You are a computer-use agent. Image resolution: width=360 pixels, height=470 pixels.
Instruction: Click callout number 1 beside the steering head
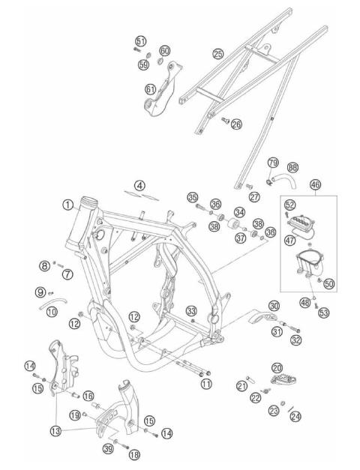pyautogui.click(x=67, y=204)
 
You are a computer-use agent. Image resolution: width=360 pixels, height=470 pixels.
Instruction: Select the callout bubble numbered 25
pyautogui.click(x=218, y=54)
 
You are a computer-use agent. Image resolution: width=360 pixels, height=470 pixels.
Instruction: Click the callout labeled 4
pyautogui.click(x=139, y=184)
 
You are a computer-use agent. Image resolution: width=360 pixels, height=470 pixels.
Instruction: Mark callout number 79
pyautogui.click(x=273, y=163)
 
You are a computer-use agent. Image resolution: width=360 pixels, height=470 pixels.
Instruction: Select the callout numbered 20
pyautogui.click(x=277, y=367)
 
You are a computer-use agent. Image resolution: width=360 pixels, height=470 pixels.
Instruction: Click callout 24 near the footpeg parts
pyautogui.click(x=295, y=415)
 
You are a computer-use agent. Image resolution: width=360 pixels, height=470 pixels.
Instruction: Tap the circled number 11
pyautogui.click(x=206, y=383)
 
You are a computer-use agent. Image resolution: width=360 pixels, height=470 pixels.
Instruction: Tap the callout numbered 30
pyautogui.click(x=274, y=306)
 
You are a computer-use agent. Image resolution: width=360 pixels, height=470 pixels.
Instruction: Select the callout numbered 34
pyautogui.click(x=239, y=213)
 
